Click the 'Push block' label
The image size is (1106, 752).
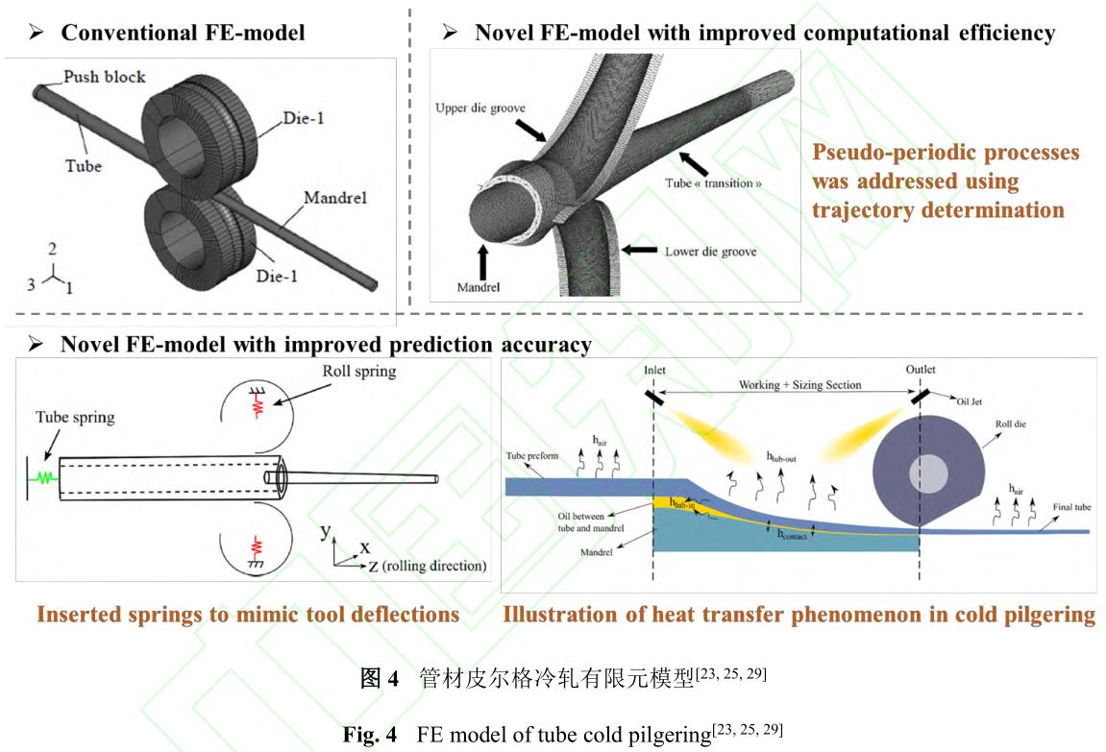[x=105, y=77]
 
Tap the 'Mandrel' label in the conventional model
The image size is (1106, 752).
[x=335, y=198]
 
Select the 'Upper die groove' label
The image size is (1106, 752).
[x=479, y=109]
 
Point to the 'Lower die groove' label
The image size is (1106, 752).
[x=710, y=252]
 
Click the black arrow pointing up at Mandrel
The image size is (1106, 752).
[x=481, y=260]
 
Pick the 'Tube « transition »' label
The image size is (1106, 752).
[x=713, y=182]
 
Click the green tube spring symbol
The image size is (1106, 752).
[x=43, y=474]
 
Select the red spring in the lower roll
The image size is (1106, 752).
[x=257, y=548]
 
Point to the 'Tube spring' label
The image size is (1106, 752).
[x=75, y=417]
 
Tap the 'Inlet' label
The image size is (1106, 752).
[x=654, y=370]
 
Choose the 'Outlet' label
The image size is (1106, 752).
[x=921, y=370]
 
